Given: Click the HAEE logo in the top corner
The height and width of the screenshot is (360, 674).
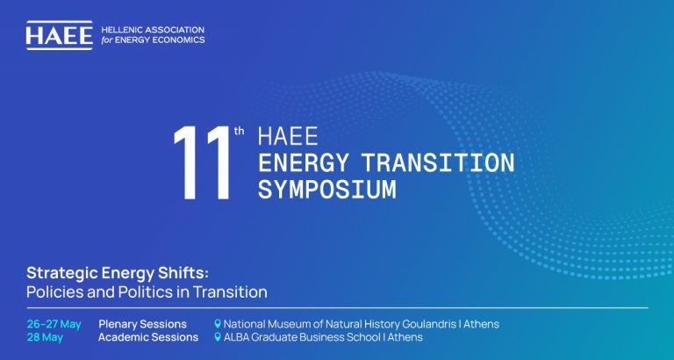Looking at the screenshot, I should [59, 34].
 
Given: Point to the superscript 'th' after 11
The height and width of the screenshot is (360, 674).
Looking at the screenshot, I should [240, 132].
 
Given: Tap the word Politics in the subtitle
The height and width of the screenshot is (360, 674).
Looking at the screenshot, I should [143, 291].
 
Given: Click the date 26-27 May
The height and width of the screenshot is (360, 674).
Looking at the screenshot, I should [54, 324].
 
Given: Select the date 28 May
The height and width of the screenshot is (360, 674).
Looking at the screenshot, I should [44, 337].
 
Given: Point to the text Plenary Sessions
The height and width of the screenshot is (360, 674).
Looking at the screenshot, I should [142, 324].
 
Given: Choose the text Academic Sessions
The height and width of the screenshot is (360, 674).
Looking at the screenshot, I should [148, 337].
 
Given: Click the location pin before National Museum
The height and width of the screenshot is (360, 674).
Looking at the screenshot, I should [218, 324].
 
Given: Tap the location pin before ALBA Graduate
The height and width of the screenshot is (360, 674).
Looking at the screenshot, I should [218, 337].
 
